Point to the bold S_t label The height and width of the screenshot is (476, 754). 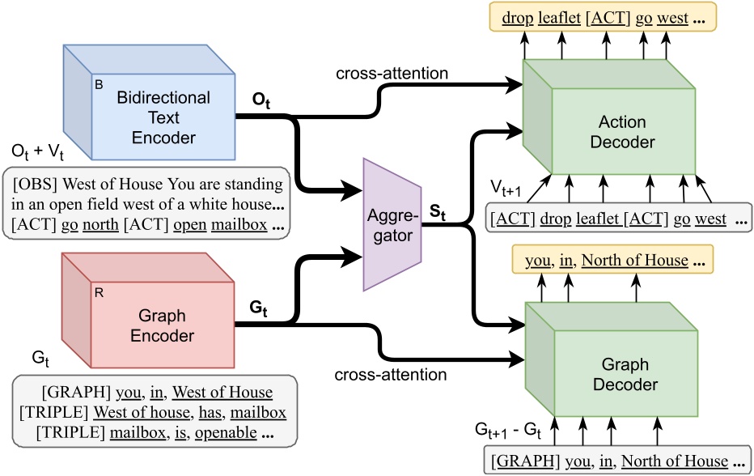pyautogui.click(x=439, y=215)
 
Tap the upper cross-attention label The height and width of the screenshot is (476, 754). pyautogui.click(x=392, y=74)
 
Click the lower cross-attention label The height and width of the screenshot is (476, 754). pyautogui.click(x=391, y=375)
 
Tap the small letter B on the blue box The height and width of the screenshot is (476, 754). pyautogui.click(x=100, y=83)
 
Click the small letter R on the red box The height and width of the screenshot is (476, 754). pyautogui.click(x=99, y=291)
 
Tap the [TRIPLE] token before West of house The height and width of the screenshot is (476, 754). pyautogui.click(x=53, y=412)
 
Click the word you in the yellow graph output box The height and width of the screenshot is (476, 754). pyautogui.click(x=539, y=260)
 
